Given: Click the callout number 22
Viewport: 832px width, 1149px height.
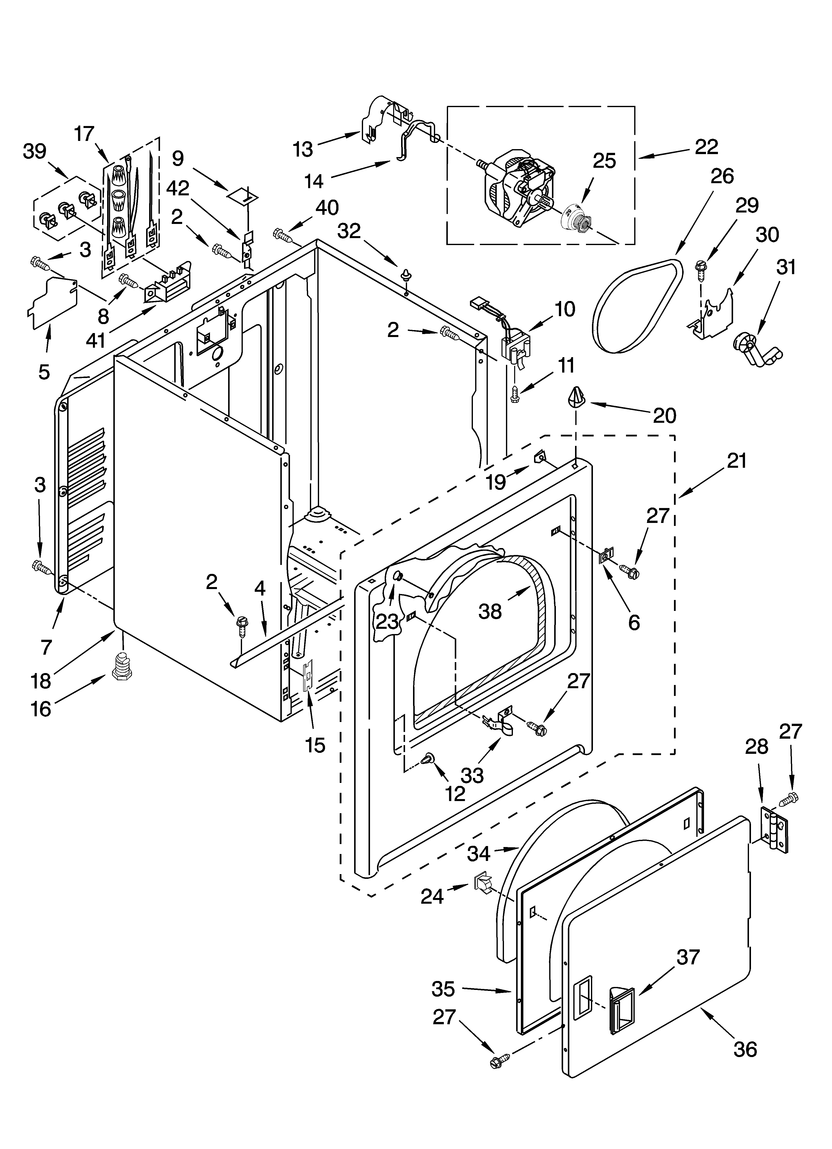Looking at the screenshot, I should (706, 147).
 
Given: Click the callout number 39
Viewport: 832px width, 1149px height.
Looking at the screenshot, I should (35, 151).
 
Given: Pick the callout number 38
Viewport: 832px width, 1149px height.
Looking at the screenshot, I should (490, 611).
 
